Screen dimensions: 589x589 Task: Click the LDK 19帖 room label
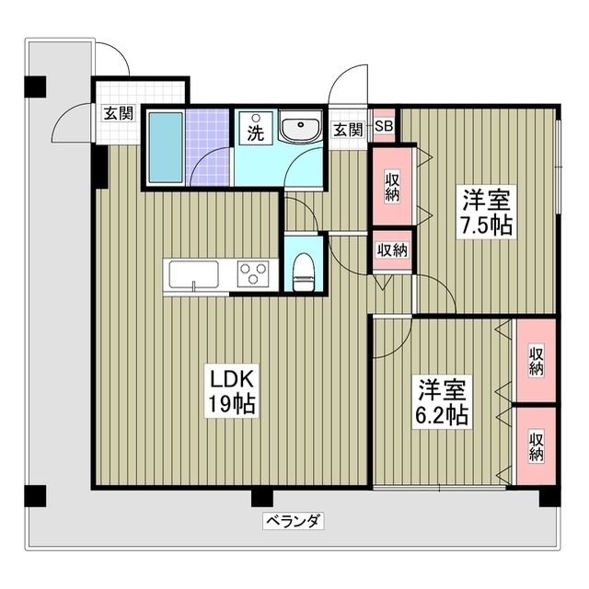[230, 391]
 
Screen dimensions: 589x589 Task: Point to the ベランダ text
[293, 521]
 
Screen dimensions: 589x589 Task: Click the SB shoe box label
[384, 128]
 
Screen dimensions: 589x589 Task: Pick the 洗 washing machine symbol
[255, 130]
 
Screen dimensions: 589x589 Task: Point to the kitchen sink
[192, 274]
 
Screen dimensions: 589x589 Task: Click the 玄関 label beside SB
[347, 129]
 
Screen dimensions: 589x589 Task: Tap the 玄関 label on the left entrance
[118, 113]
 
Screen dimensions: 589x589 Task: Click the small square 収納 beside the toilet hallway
[392, 250]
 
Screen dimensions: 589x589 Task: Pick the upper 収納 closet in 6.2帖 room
[536, 361]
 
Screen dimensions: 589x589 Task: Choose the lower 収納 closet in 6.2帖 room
[536, 446]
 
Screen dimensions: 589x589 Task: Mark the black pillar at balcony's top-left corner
[34, 87]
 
